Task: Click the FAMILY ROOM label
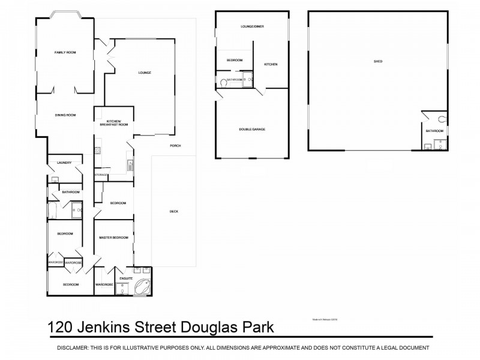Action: click(x=65, y=53)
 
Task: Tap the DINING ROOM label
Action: click(x=65, y=115)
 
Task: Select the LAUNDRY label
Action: click(x=64, y=163)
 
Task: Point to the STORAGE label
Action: click(x=101, y=175)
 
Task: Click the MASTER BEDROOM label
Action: click(x=114, y=238)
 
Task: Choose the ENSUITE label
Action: click(x=126, y=278)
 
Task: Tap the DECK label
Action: click(x=174, y=211)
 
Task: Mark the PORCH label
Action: click(x=175, y=146)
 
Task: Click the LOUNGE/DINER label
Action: click(x=252, y=27)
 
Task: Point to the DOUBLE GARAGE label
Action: click(x=252, y=130)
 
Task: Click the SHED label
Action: click(x=378, y=61)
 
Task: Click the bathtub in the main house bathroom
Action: click(x=52, y=210)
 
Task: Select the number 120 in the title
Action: click(x=62, y=328)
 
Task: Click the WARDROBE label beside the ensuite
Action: click(x=104, y=284)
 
